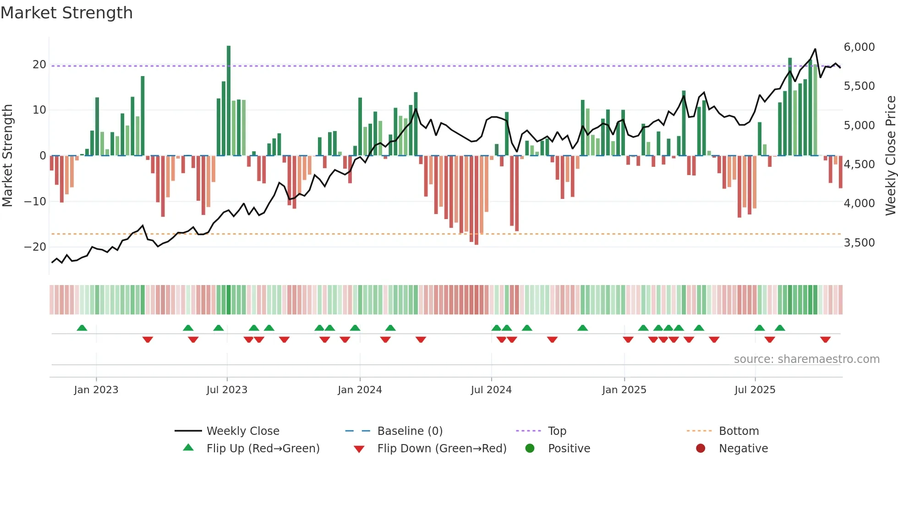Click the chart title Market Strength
pos(66,13)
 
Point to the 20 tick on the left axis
pos(39,65)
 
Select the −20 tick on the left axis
pos(35,247)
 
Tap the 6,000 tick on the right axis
pos(859,47)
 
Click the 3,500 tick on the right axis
pos(859,243)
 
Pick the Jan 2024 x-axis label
pos(360,390)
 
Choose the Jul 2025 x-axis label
pos(755,390)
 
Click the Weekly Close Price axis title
pos(890,156)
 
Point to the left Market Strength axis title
pos(7,156)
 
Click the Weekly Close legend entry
pos(242,431)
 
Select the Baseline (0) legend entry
pos(410,431)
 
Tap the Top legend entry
pos(557,431)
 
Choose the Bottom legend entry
pos(739,431)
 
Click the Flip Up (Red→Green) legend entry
pos(263,449)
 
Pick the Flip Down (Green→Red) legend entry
pos(442,449)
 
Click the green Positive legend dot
pos(530,449)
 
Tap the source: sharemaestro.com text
pos(806,359)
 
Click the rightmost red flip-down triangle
pos(825,340)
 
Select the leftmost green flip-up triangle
pos(82,328)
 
